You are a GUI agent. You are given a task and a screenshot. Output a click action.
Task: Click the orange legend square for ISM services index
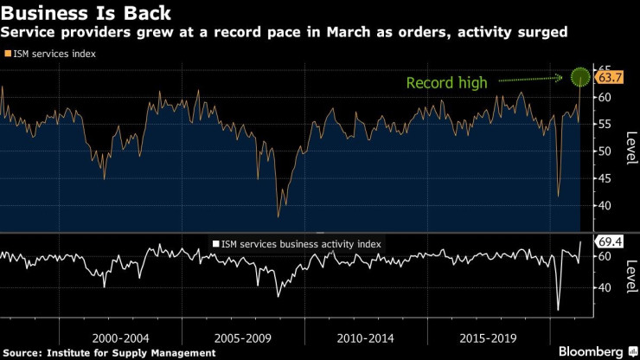click(x=9, y=54)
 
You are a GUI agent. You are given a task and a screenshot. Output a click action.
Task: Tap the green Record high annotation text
click(x=447, y=83)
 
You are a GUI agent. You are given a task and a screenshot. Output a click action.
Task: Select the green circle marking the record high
click(x=580, y=77)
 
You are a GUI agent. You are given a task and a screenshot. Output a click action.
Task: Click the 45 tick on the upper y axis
click(x=604, y=178)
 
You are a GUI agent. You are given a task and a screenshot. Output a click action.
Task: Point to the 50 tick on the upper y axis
click(x=604, y=151)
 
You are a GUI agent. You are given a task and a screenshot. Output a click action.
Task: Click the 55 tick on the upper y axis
click(x=604, y=125)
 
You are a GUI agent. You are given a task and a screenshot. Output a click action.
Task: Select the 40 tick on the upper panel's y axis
click(x=604, y=205)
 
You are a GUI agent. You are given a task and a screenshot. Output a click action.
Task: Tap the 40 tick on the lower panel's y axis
click(x=604, y=287)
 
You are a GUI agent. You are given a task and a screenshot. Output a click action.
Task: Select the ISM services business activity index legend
click(x=298, y=244)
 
